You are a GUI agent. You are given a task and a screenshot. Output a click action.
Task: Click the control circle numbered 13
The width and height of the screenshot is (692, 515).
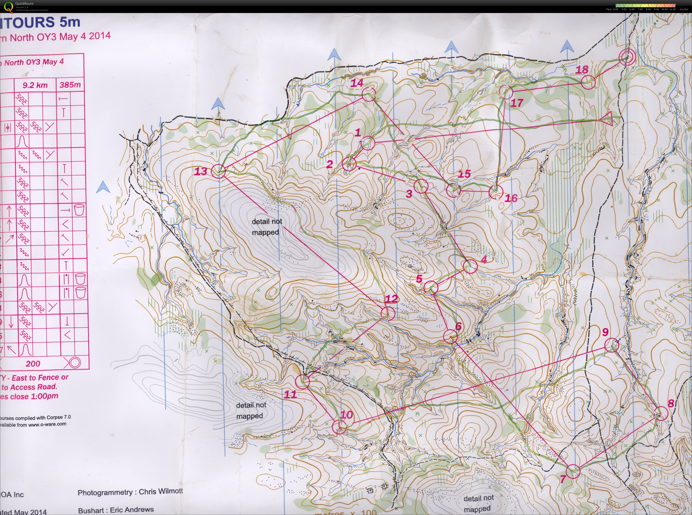[x=218, y=171]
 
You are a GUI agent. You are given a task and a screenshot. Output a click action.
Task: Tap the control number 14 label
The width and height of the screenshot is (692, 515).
[x=357, y=83]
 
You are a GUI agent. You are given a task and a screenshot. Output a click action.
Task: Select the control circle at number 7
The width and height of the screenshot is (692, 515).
[x=573, y=471]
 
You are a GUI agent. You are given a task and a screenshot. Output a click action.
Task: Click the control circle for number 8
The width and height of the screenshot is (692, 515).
[x=661, y=414]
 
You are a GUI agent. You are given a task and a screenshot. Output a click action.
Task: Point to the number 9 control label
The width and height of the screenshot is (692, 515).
[x=605, y=332]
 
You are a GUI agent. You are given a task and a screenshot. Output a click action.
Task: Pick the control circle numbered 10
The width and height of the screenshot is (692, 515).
[x=339, y=427]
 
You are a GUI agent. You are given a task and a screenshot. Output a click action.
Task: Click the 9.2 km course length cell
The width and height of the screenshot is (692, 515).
[x=35, y=85]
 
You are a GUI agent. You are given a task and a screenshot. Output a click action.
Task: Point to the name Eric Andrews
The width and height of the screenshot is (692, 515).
[x=132, y=510]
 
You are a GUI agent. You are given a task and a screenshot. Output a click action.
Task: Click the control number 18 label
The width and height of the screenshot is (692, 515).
[x=582, y=70]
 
